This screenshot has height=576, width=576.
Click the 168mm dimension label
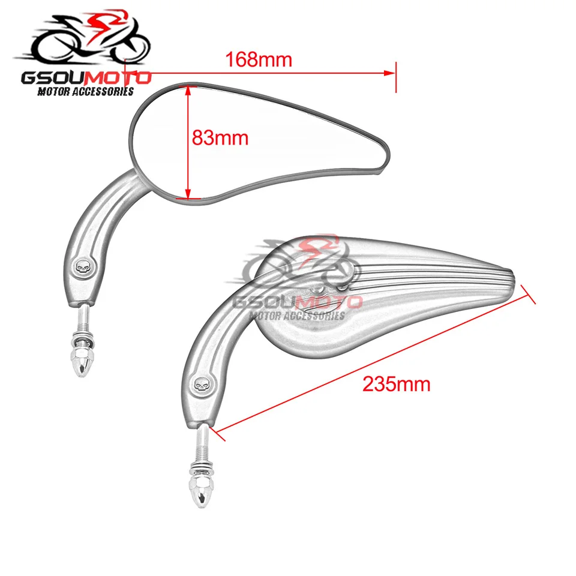click(x=258, y=60)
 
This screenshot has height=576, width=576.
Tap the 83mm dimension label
click(x=220, y=138)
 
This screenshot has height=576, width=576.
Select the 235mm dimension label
click(x=396, y=384)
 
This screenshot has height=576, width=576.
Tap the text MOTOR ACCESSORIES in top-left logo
click(x=86, y=92)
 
